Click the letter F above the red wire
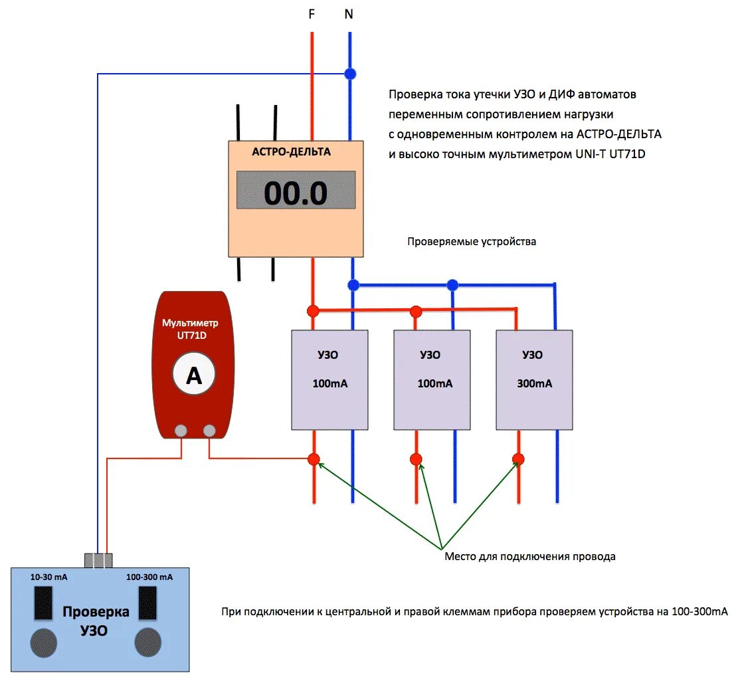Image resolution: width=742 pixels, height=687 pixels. [312, 14]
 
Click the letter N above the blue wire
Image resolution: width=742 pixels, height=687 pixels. [349, 14]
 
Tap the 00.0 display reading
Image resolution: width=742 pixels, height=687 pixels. [296, 193]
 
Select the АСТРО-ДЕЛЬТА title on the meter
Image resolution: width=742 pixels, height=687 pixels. [291, 151]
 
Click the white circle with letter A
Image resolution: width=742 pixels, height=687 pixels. [193, 375]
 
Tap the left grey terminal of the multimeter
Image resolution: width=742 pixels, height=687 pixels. [181, 431]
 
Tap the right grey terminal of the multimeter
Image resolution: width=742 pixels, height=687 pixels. [209, 431]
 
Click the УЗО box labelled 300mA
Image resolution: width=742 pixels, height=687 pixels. [534, 379]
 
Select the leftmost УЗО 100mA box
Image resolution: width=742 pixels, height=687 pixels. [329, 379]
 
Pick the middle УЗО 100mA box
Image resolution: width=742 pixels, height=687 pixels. [432, 379]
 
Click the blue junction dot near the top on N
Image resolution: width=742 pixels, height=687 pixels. [349, 74]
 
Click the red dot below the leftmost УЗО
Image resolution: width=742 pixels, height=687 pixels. [314, 458]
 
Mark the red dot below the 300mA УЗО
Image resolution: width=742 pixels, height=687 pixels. [518, 458]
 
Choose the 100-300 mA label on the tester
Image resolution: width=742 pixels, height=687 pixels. [149, 577]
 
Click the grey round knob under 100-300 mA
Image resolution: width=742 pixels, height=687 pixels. [147, 642]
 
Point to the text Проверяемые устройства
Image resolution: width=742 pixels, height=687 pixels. [472, 242]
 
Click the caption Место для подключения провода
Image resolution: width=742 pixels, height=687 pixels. [529, 557]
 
